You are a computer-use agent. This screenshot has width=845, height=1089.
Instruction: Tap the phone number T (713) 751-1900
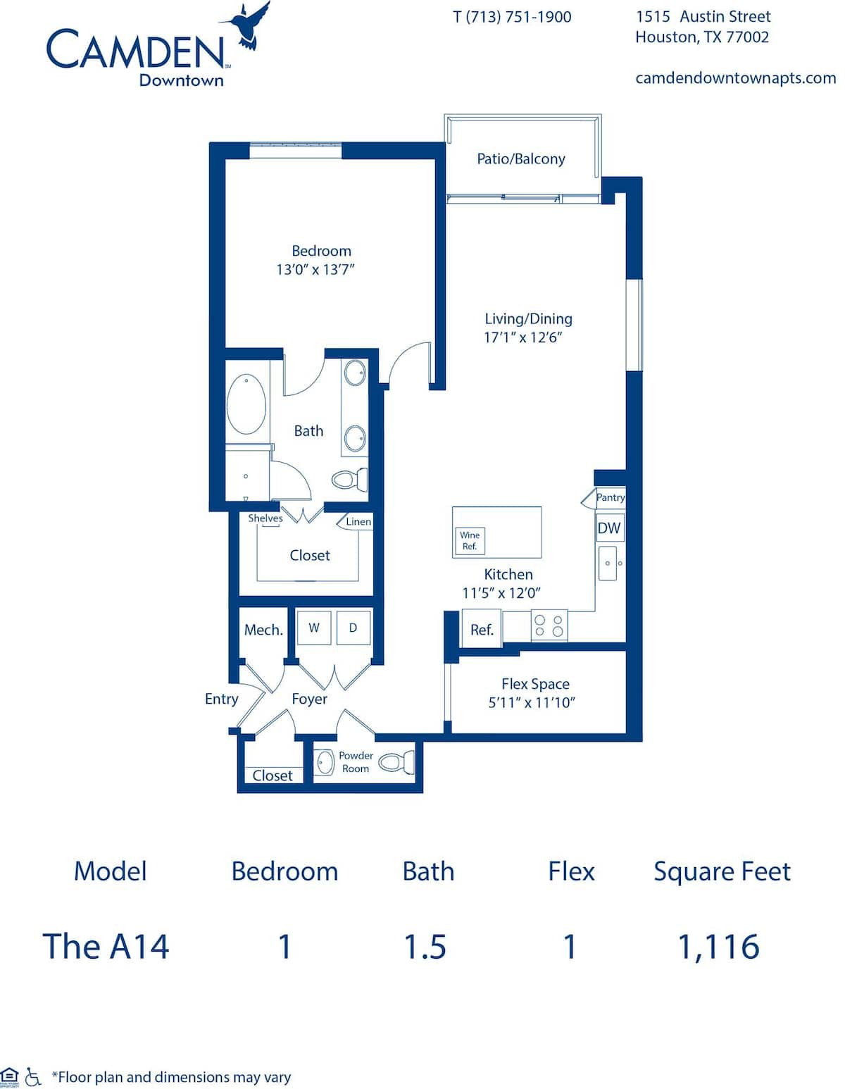pos(512,17)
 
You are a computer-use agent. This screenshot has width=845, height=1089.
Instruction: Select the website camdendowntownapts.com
pos(735,78)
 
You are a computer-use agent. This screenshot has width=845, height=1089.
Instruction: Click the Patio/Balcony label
pos(521,159)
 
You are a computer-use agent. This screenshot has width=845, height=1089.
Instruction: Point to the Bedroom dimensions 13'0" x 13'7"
pos(315,270)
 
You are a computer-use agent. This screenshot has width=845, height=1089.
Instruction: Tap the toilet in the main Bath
pos(350,479)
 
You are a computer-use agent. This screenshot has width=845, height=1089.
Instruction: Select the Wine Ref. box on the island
pos(470,541)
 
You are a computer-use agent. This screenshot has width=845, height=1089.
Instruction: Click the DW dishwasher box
pos(610,527)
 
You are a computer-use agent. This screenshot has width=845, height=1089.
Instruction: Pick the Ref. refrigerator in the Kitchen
pos(482,629)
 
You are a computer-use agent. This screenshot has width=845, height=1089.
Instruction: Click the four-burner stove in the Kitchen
pos(549,625)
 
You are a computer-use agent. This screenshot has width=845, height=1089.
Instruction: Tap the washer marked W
pos(314,628)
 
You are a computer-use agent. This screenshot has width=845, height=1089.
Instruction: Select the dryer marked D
pos(353,628)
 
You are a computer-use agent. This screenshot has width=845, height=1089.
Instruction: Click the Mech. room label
pos(263,630)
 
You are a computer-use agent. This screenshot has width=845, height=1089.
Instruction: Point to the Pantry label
pos(610,497)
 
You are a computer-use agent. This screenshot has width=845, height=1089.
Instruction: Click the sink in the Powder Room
pos(325,762)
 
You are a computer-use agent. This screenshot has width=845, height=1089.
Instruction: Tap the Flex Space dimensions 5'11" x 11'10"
pos(532,702)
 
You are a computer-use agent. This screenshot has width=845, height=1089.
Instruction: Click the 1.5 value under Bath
pos(425,946)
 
